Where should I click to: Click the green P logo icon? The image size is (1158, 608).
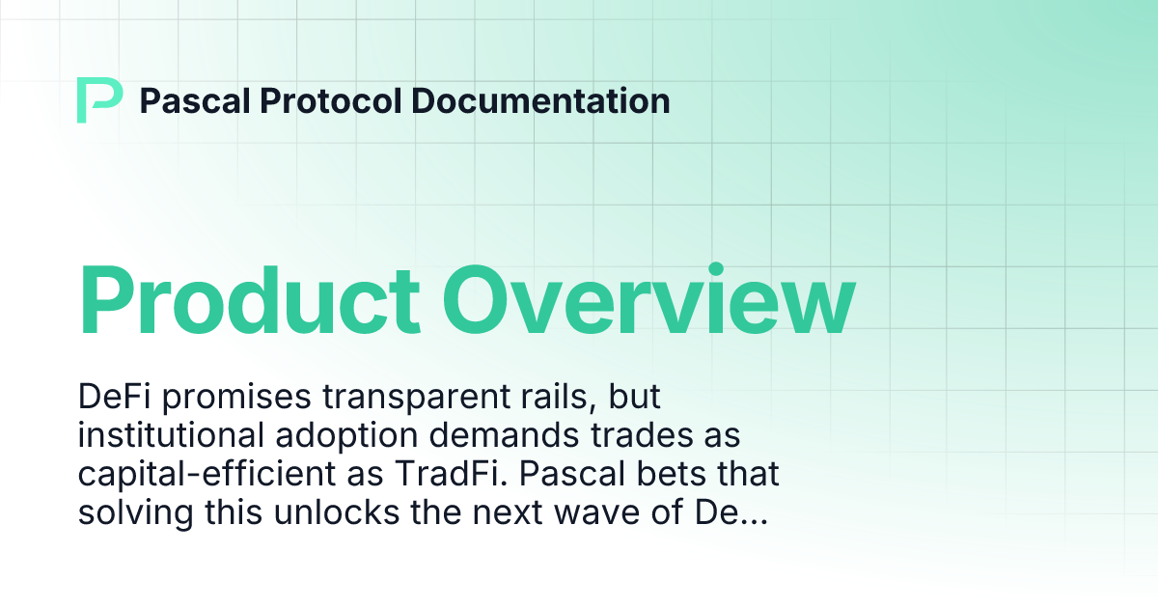tap(99, 100)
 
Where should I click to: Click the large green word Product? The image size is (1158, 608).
tap(249, 299)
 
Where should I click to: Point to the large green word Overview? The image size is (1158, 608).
tap(652, 299)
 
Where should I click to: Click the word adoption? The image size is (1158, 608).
tap(338, 436)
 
